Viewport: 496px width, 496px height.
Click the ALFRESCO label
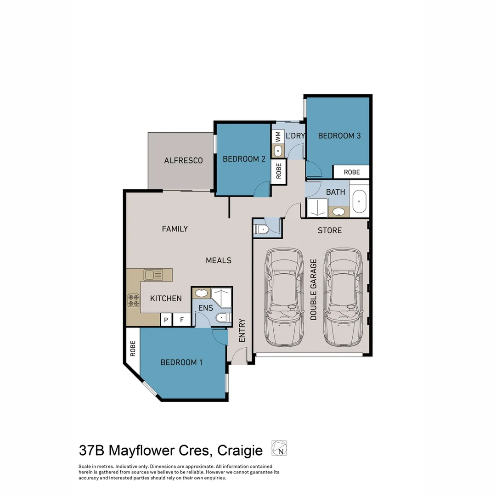[x=183, y=161]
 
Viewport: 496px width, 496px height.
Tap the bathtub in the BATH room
[x=359, y=202]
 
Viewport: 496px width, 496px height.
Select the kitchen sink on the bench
[x=153, y=275]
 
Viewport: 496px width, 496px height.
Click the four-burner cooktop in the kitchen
[x=133, y=300]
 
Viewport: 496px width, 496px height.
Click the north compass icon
[x=279, y=448]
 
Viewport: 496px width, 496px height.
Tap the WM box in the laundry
[x=278, y=136]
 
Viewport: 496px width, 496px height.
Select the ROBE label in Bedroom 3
[x=352, y=172]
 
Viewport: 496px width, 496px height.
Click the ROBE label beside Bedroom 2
[x=279, y=171]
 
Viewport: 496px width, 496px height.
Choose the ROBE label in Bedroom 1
[x=133, y=349]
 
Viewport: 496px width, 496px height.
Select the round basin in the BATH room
[x=339, y=212]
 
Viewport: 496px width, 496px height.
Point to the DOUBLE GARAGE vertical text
[x=314, y=289]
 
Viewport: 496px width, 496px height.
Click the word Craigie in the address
[x=239, y=450]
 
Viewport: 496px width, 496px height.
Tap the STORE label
[x=330, y=230]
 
